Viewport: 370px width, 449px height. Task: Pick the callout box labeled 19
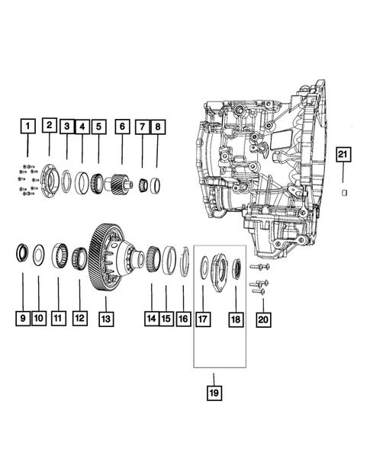pyautogui.click(x=214, y=393)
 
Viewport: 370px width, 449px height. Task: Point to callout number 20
pyautogui.click(x=263, y=319)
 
